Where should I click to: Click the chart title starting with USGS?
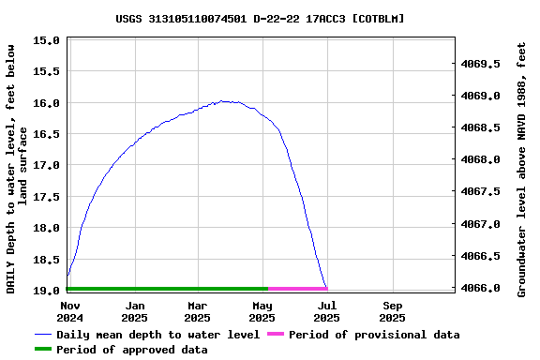(261, 18)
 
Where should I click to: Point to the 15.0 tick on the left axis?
(46, 40)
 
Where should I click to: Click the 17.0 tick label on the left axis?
(46, 165)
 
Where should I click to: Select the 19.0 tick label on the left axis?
(46, 291)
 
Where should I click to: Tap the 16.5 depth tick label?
(46, 134)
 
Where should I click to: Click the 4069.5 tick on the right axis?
(481, 64)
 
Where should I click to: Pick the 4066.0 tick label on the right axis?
(481, 288)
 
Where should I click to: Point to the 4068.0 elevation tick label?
(481, 159)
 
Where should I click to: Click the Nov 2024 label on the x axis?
(70, 311)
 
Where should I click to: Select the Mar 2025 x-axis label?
(197, 311)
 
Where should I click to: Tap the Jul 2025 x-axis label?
(326, 311)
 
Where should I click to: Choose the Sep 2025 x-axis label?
(392, 311)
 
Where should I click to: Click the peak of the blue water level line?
(225, 100)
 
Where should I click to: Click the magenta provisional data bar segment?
(297, 289)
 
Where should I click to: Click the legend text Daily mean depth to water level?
(157, 335)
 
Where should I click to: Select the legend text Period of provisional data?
(374, 335)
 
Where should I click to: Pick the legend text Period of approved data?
(131, 350)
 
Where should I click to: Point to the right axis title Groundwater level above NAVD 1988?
(521, 167)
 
